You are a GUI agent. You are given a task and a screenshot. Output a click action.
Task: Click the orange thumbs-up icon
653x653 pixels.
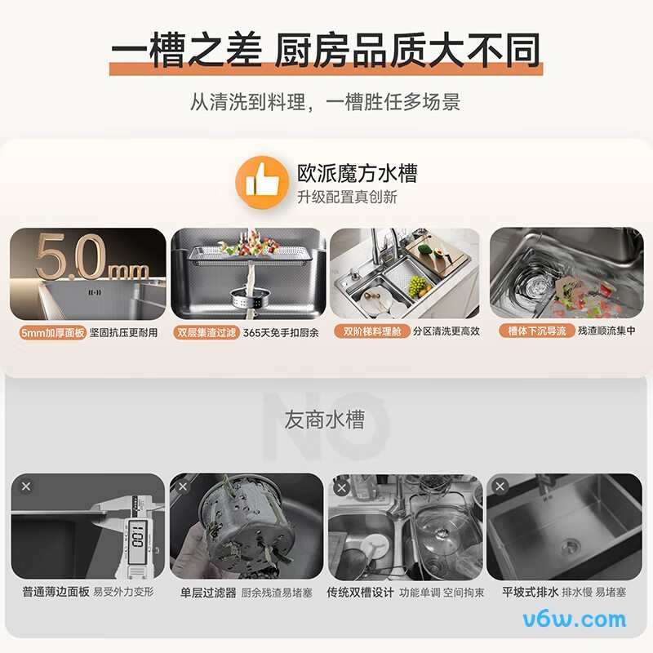(x=262, y=182)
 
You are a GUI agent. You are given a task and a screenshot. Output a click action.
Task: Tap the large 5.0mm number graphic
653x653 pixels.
(x=92, y=257)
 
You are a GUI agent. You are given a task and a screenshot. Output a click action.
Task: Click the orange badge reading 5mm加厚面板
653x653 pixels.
(x=52, y=333)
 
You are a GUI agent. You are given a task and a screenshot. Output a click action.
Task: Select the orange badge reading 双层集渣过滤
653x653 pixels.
(x=207, y=332)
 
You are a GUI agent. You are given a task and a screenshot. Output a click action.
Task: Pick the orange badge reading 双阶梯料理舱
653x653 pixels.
(x=372, y=331)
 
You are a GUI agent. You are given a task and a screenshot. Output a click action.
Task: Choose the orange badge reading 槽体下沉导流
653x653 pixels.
(x=536, y=331)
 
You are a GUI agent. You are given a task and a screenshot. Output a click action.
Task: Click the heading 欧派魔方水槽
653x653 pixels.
(x=357, y=173)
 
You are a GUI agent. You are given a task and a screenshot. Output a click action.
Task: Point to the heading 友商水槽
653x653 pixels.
(x=324, y=420)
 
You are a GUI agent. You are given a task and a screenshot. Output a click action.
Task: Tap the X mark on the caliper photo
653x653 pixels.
(x=26, y=486)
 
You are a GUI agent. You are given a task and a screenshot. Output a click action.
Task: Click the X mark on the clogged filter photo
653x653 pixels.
(x=183, y=486)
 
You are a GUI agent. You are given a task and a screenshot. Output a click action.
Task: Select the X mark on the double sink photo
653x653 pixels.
(x=341, y=487)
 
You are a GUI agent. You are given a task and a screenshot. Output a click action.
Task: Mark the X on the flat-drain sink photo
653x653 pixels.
(x=500, y=486)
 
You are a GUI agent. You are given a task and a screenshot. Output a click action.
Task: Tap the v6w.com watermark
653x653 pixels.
(x=575, y=620)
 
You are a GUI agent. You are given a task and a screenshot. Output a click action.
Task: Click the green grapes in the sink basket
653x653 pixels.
(x=418, y=287)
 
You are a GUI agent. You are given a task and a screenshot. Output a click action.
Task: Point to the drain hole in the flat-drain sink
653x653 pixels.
(x=571, y=544)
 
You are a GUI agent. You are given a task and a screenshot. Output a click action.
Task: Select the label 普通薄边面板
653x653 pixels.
(x=56, y=592)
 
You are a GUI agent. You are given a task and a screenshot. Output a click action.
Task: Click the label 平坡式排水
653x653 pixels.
(x=530, y=592)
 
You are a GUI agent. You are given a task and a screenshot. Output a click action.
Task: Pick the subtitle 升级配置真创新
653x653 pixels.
(x=347, y=197)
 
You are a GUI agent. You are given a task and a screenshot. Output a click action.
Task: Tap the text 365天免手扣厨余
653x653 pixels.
(x=281, y=332)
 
